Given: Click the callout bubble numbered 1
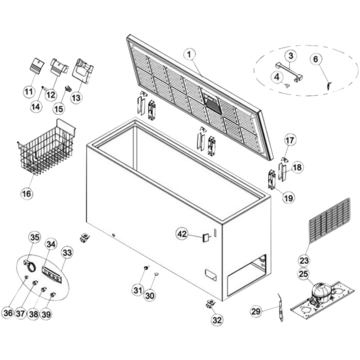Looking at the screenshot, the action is coord(189,54).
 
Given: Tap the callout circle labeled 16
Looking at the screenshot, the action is coord(27,193).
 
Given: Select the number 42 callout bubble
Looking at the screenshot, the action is coord(182,234).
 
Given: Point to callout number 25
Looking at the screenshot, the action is coord(303,274).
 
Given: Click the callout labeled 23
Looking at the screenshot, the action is coord(304,260).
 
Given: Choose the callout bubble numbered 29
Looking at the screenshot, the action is coord(256,312).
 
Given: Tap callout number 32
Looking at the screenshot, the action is coord(217,320).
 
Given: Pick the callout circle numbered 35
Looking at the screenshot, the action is coord(35,238).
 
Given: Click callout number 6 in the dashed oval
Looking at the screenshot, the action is coord(316,59).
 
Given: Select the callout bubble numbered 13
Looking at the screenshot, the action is coord(76,98).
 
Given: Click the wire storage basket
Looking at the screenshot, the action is coord(46,147).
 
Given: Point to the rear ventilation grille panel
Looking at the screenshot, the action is coord(330,221).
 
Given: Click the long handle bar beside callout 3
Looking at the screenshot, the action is coord(289,71).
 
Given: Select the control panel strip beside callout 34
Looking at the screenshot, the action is coord(52,274).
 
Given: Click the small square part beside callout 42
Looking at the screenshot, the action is coord(206,237).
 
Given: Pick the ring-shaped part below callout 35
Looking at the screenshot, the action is coord(32,267).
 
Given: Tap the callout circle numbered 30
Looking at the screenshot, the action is coord(150,295).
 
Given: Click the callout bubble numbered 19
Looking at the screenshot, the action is coord(288,198).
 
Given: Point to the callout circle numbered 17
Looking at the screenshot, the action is coord(290,140).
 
